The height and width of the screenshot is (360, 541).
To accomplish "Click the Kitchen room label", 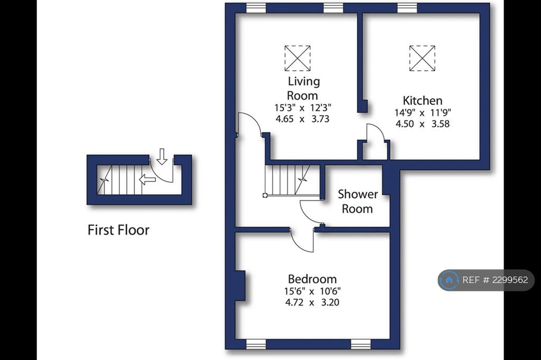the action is tap(422, 100).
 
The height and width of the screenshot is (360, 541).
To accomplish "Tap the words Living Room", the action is tap(303, 88).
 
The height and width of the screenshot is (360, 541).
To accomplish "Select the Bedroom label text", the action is tap(312, 279).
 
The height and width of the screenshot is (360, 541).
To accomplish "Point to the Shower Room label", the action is tap(358, 202).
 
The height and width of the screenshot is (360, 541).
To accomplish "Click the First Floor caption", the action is tap(118, 230).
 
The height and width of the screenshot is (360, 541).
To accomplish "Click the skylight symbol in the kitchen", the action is tap(422, 58).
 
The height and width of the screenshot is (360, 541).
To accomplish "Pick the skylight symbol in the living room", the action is tap(297, 58).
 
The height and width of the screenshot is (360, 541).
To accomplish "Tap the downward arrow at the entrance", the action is tap(162, 156).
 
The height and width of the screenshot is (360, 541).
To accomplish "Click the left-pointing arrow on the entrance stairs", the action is tap(147, 179).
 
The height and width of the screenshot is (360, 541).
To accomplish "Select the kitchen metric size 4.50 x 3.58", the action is tap(422, 124).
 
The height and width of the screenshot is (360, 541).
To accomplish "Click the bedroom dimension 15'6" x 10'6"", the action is tap(312, 291).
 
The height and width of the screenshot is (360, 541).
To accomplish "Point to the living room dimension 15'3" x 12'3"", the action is tap(303, 108).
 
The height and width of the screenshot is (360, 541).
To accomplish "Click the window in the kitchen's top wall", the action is tap(407, 8).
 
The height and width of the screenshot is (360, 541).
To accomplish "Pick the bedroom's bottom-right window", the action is tap(360, 344).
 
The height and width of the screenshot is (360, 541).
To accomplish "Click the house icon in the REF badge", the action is tap(449, 280).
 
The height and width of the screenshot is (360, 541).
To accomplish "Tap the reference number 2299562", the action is tap(510, 280).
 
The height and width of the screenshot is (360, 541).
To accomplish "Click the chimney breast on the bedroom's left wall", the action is tap(240, 285).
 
